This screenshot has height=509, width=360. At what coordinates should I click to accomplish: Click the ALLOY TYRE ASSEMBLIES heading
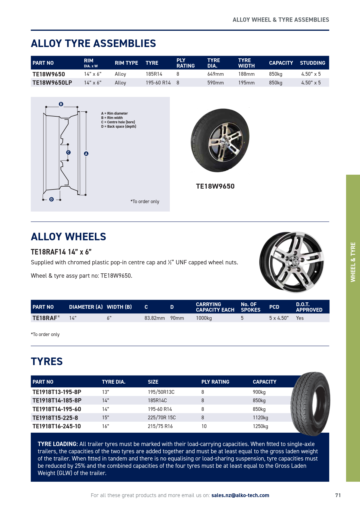click(x=93, y=44)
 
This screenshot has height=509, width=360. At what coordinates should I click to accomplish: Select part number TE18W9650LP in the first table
click(x=52, y=83)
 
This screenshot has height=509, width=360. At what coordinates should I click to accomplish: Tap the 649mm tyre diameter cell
click(x=215, y=74)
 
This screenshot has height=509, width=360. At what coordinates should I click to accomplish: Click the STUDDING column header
click(x=312, y=63)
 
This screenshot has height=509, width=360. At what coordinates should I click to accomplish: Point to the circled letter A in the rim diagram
click(x=86, y=154)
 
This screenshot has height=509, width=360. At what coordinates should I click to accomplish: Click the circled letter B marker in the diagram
click(x=61, y=104)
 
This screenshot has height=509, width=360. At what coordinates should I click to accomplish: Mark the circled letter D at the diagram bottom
click(x=51, y=199)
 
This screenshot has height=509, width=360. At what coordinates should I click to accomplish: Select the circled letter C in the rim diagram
click(x=69, y=152)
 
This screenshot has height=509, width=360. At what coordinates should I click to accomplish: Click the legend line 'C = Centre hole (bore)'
click(x=118, y=122)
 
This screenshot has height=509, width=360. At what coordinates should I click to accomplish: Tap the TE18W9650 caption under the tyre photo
click(x=215, y=186)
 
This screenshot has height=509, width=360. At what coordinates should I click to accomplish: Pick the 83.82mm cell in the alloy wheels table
click(x=154, y=318)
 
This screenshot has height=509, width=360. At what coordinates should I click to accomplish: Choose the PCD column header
click(x=274, y=307)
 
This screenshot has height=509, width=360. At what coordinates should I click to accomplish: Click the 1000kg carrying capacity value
click(x=204, y=318)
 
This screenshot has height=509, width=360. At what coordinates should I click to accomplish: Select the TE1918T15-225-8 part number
click(x=55, y=418)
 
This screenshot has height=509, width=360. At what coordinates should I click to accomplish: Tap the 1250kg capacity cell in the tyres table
click(x=260, y=426)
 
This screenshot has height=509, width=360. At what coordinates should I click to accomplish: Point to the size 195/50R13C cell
click(x=161, y=392)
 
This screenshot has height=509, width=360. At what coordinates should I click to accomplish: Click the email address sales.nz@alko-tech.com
click(x=240, y=495)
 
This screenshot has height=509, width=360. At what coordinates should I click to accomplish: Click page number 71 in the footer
click(x=338, y=495)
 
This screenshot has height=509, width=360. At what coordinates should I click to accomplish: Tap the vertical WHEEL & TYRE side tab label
click(x=353, y=262)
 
